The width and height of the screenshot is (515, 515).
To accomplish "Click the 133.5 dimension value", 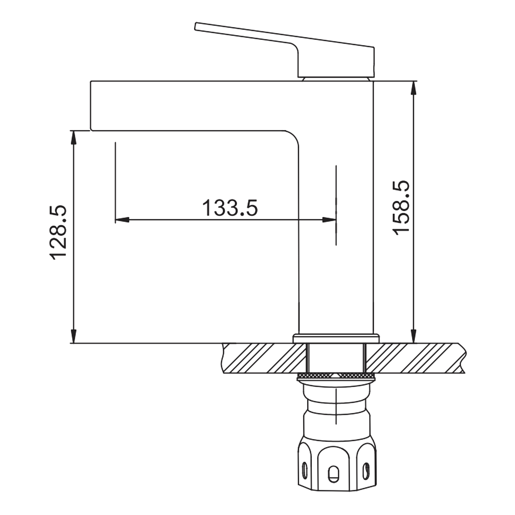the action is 230,208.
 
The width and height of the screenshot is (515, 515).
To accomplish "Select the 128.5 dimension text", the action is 58,231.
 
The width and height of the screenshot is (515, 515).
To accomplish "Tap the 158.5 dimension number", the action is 401,208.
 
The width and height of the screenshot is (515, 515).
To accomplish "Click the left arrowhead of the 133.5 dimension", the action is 122,220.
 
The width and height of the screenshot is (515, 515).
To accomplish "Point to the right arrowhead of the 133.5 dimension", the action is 329,220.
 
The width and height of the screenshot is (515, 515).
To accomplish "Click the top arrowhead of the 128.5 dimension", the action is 74,137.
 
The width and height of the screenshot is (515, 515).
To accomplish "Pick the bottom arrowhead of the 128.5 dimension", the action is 74,336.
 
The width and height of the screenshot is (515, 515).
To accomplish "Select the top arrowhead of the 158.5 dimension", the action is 414,88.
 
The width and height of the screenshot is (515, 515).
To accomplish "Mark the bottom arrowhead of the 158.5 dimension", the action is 414,336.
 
